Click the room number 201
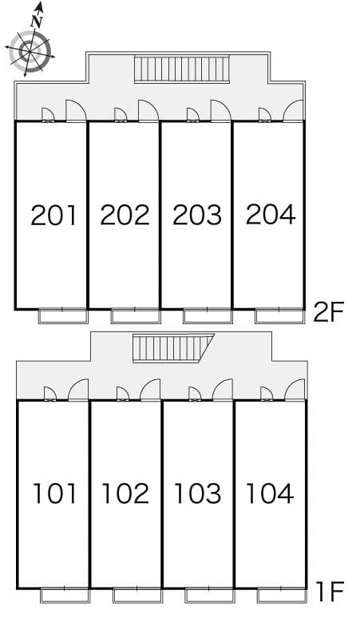pos(53,216)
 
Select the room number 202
pos(125,216)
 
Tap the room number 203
pos(197,216)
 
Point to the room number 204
pos(271,215)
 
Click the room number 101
pos(54,493)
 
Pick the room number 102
pos(125,493)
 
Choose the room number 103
pos(198,493)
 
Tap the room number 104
pos(270,493)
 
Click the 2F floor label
pos(329,311)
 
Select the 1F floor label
pos(330,592)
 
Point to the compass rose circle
pos(30,50)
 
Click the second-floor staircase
pos(181,69)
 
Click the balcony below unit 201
pos(62,316)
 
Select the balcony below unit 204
pos(279,316)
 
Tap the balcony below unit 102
pos(137,595)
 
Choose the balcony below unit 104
pos(282,595)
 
